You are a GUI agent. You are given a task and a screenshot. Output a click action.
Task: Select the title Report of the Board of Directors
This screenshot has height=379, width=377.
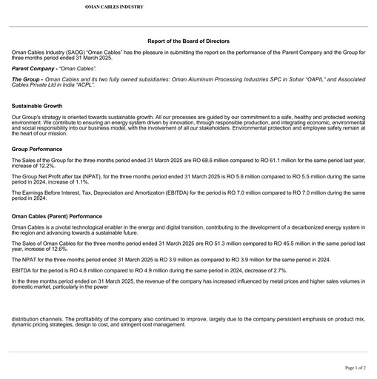click(x=188, y=41)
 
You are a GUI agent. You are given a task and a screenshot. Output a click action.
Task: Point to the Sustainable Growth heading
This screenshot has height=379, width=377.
click(x=37, y=106)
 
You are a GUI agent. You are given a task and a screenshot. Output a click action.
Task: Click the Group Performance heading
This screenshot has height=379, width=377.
click(x=37, y=149)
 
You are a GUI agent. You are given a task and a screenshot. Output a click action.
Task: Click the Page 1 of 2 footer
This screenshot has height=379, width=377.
click(x=355, y=367)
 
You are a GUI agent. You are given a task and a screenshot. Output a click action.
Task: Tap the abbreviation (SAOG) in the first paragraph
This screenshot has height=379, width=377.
click(x=76, y=53)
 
